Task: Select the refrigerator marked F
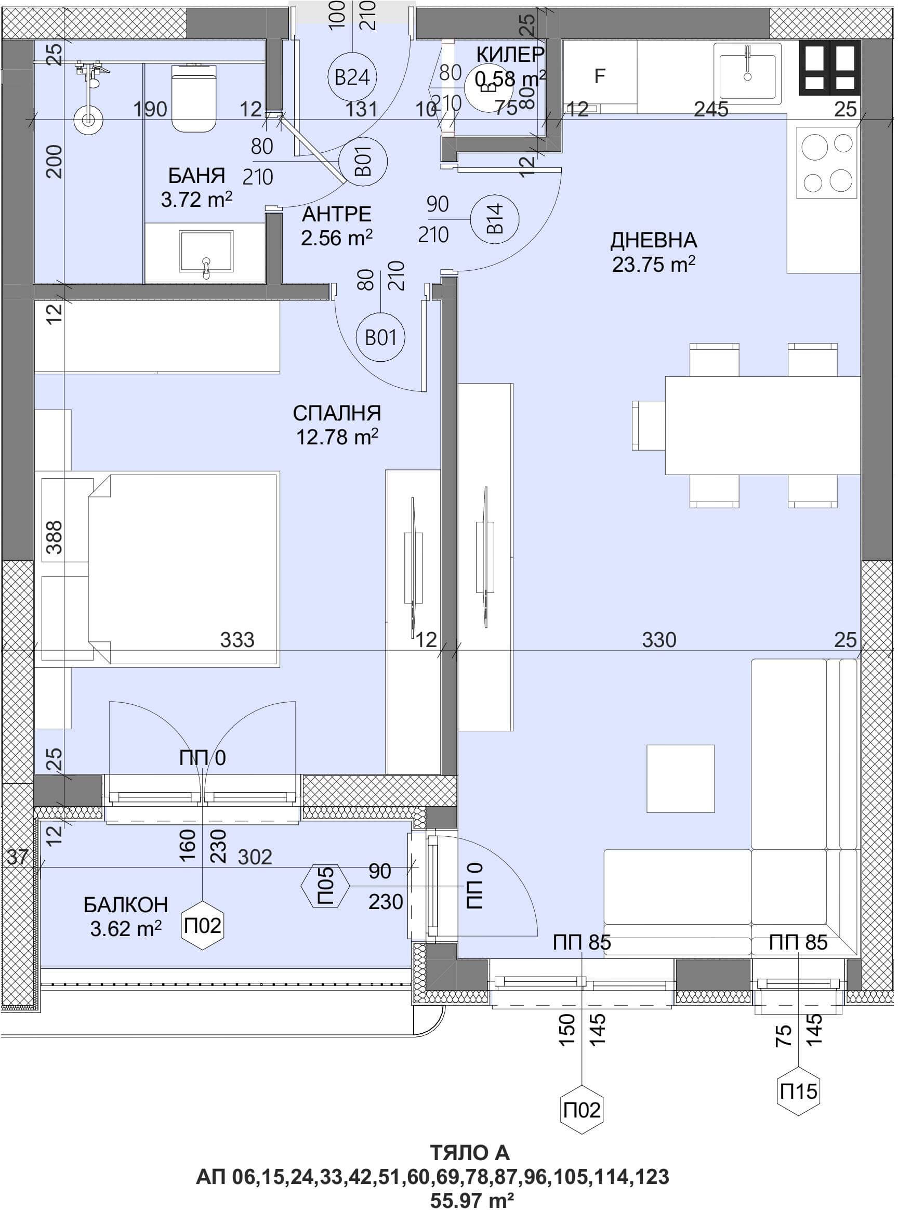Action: tap(600, 76)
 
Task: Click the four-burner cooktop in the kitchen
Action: tap(828, 163)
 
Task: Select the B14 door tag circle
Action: tap(495, 219)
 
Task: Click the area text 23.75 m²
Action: tap(654, 264)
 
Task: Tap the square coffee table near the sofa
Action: tap(680, 779)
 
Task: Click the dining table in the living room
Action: tap(763, 425)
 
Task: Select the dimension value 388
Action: tap(55, 537)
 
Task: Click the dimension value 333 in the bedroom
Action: tap(237, 640)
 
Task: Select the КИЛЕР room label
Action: tap(510, 55)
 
